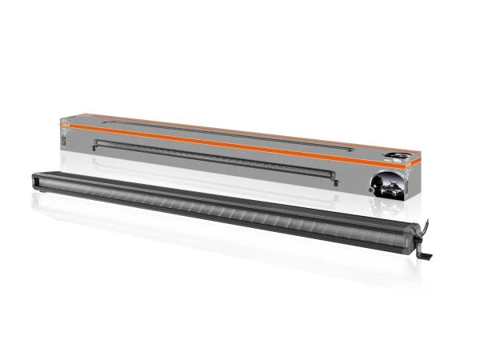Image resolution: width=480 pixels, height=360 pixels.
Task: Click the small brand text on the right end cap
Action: click(410, 238)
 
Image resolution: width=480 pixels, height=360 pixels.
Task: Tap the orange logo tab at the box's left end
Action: click(67, 122)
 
